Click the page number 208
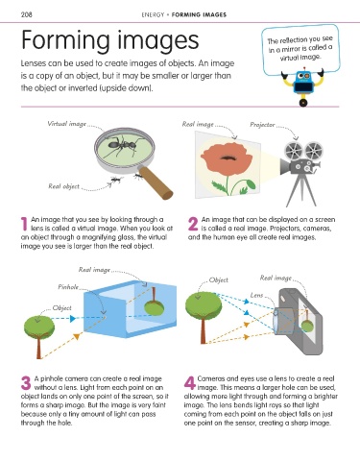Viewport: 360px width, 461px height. tap(26, 14)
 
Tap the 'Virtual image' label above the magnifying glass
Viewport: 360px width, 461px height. tap(66, 124)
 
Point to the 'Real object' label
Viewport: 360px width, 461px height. tap(63, 186)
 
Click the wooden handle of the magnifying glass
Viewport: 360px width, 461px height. tap(156, 182)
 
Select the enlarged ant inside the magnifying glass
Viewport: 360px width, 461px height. tap(123, 146)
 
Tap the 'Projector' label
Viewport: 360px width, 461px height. tap(262, 125)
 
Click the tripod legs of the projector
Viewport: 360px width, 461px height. tap(300, 190)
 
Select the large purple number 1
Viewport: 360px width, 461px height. tap(24, 224)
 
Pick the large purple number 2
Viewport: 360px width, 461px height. tap(193, 224)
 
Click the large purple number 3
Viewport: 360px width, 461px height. tap(26, 383)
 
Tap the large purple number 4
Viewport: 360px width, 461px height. tap(190, 383)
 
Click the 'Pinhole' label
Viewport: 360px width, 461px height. tap(68, 287)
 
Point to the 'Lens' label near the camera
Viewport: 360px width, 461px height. tap(256, 295)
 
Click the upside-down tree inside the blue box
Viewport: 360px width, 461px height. tap(154, 302)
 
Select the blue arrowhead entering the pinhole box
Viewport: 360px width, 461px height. tap(73, 318)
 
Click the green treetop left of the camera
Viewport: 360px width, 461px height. tap(204, 305)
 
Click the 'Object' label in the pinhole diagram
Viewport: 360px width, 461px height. tap(61, 308)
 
